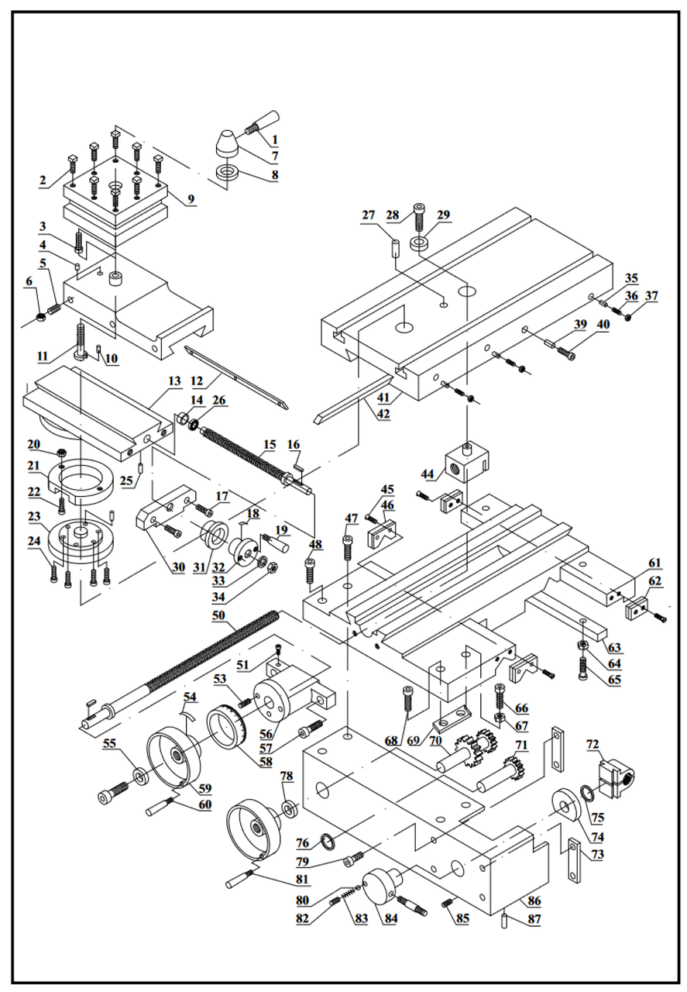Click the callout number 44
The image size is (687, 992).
(428, 474)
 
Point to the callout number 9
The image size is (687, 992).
(191, 199)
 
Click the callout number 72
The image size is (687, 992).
(593, 745)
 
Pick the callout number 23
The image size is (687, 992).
(33, 516)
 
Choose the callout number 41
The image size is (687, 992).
(383, 398)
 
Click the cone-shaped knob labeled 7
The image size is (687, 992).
(227, 143)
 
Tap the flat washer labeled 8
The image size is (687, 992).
(228, 172)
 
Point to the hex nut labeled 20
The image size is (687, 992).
(62, 453)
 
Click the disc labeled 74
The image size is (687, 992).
(567, 807)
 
